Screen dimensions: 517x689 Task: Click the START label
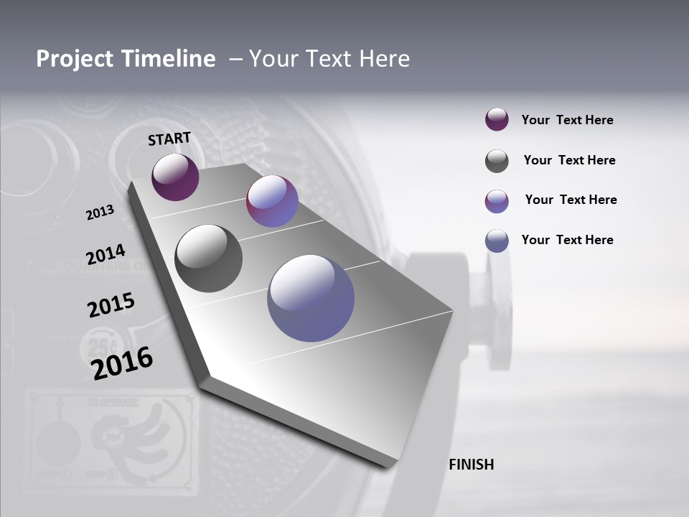[169, 138]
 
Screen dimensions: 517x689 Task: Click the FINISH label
[471, 465]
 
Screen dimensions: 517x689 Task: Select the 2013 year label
[100, 213]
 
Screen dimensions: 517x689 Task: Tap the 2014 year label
[106, 255]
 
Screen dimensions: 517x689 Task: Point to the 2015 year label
[111, 305]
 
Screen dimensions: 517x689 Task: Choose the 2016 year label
[122, 363]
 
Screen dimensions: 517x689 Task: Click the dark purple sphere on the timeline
[175, 177]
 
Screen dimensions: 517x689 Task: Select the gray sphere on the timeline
[208, 258]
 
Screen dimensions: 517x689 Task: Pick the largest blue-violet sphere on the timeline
[311, 297]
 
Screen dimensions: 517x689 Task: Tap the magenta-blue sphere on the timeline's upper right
[272, 201]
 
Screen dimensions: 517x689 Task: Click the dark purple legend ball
[497, 120]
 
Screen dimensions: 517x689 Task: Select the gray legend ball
[497, 161]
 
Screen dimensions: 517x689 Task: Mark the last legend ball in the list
[497, 241]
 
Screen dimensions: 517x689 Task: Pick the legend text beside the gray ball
[569, 160]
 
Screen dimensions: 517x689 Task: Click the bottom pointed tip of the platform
[390, 465]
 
